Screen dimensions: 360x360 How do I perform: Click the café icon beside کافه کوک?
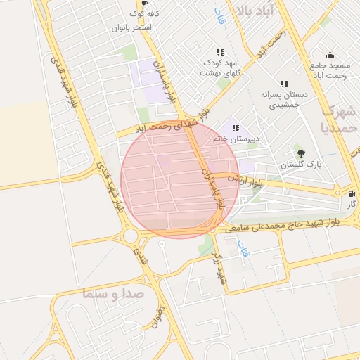[144, 3]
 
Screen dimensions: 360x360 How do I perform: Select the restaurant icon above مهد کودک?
[220, 52]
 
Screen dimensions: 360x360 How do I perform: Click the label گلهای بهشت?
[221, 72]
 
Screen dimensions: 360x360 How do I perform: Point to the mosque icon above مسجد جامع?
[330, 56]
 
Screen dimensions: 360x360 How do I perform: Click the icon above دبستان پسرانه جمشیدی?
[284, 84]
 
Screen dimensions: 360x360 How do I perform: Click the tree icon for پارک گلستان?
[302, 153]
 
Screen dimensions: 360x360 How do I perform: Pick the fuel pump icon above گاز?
[352, 193]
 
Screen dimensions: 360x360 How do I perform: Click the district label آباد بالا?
[259, 10]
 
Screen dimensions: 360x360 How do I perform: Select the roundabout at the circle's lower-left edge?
[131, 235]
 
